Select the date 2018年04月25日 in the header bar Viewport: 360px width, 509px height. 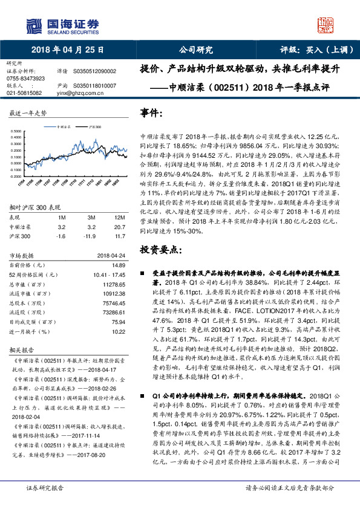point(67,50)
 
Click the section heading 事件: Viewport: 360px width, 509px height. point(151,113)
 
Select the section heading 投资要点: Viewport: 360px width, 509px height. point(160,249)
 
